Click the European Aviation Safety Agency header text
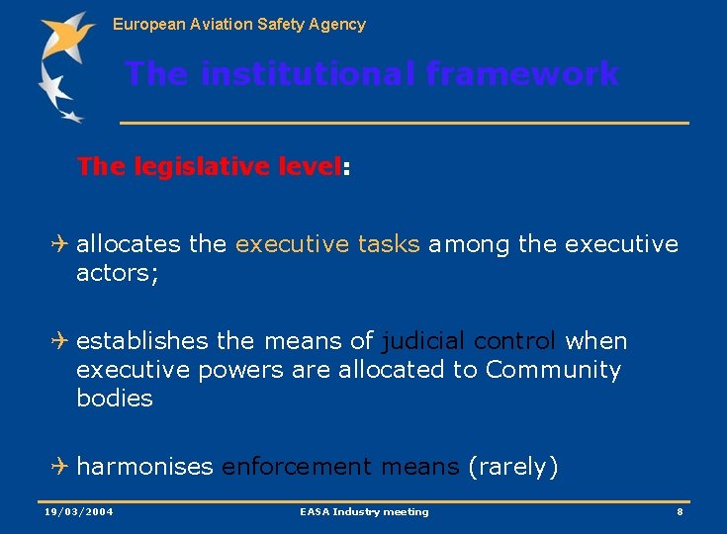(x=238, y=24)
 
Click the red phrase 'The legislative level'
(x=208, y=167)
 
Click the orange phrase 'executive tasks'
(x=327, y=244)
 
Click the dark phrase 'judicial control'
(x=469, y=341)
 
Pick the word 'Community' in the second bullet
(x=553, y=370)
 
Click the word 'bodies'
(x=115, y=399)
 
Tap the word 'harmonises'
(x=144, y=467)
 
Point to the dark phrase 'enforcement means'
(x=340, y=467)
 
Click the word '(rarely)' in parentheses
(x=513, y=467)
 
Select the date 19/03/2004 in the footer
(x=79, y=512)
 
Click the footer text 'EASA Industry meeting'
(x=364, y=512)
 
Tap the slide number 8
(x=680, y=512)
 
